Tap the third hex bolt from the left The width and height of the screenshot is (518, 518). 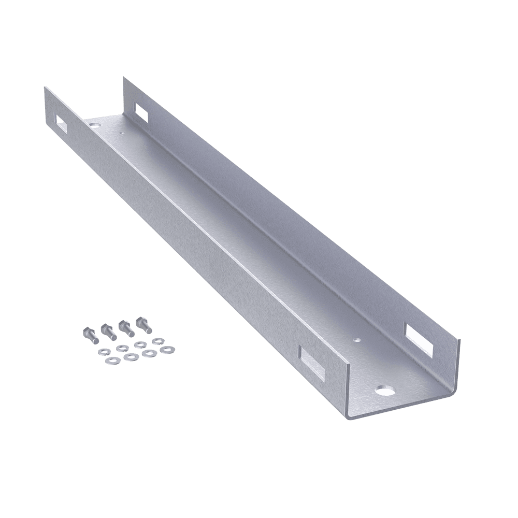click(x=125, y=327)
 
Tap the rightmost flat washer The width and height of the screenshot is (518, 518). click(x=166, y=350)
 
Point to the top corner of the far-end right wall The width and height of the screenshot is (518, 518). click(x=123, y=78)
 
